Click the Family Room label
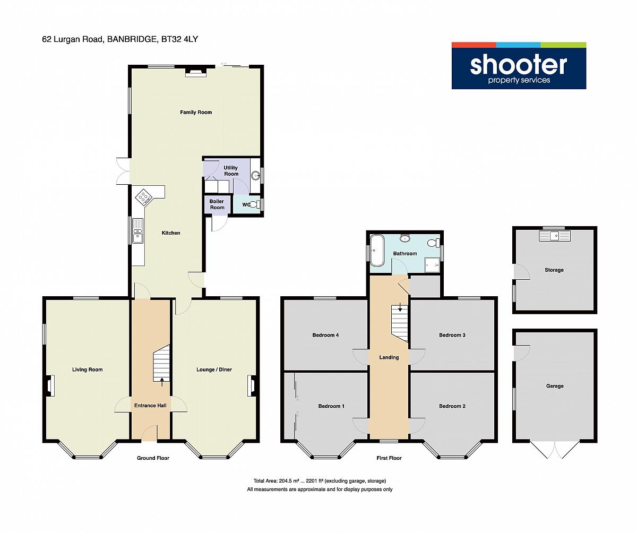196,112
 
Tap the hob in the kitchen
144,197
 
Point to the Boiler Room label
217,204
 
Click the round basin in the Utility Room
256,175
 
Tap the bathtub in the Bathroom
377,251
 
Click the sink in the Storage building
555,236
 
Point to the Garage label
555,386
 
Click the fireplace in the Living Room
50,385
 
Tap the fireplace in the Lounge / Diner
252,385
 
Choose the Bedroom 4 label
325,335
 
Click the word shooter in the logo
518,65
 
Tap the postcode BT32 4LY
180,39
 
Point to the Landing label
389,357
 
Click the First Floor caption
389,458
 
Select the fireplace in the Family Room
196,72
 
